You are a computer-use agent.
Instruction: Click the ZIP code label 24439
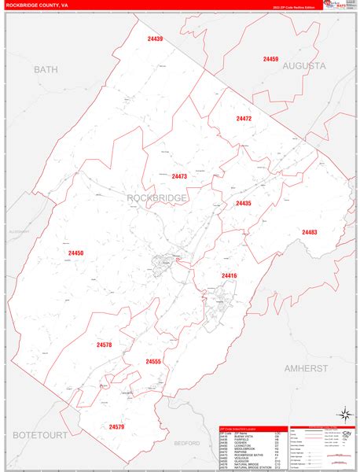point(154,39)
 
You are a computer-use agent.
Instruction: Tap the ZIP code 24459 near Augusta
point(270,59)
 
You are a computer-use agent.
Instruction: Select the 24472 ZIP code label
point(244,119)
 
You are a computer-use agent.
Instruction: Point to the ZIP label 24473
point(179,176)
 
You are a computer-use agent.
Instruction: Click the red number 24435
point(243,203)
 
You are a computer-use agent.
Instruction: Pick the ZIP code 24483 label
point(309,232)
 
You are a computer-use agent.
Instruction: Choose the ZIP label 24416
point(229,275)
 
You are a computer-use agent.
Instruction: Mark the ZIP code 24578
point(105,345)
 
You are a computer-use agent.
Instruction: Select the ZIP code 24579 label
point(116,426)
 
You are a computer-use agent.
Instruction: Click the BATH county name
point(46,70)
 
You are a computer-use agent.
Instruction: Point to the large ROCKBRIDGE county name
point(157,197)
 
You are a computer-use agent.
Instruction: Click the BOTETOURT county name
point(38,434)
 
